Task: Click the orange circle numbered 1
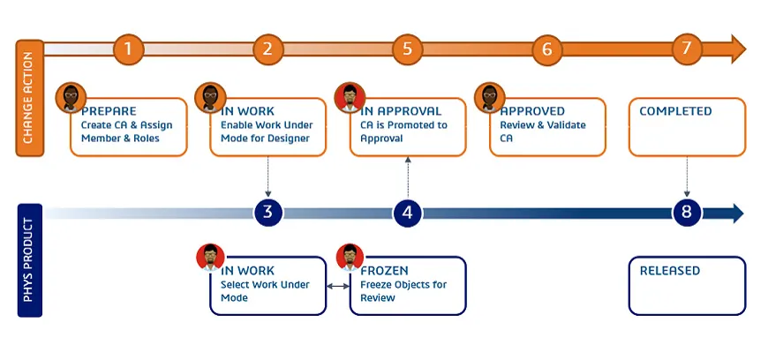(128, 49)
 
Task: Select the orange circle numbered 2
(267, 49)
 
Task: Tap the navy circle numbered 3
(267, 213)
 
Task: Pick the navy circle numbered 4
(407, 213)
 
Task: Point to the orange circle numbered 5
(407, 49)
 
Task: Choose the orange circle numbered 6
(546, 49)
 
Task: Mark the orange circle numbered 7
(686, 49)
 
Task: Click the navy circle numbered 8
(687, 213)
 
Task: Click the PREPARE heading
(109, 111)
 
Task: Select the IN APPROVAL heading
(402, 111)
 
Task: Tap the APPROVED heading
(532, 111)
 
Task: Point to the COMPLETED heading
(675, 111)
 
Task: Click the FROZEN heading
(384, 270)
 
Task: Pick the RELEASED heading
(669, 270)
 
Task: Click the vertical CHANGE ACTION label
(28, 97)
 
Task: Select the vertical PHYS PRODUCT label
(28, 260)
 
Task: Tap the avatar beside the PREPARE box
(72, 98)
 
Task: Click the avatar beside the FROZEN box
(350, 258)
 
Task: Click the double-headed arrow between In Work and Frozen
(337, 286)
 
